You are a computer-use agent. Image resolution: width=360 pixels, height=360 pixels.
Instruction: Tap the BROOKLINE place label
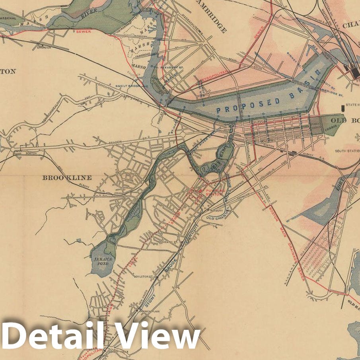point(67,178)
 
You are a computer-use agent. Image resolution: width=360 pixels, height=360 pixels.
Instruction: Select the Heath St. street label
point(170,241)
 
